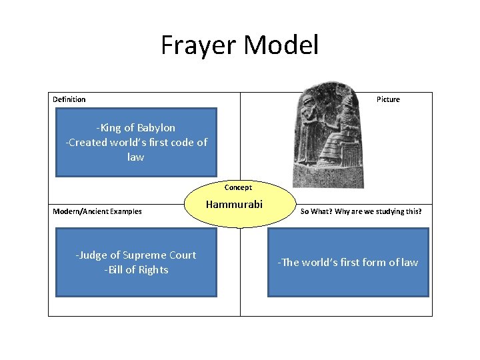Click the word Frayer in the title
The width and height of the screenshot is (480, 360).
point(199,46)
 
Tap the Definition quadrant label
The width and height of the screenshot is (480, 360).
point(69,99)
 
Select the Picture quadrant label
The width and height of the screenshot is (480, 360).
point(388,99)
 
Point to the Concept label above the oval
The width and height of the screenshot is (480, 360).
point(238,187)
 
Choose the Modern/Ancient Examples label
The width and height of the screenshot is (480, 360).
point(97,211)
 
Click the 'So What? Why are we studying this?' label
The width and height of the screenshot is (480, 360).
point(361,211)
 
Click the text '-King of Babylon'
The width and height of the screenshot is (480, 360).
point(135,127)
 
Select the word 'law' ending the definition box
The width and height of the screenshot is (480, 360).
point(135,157)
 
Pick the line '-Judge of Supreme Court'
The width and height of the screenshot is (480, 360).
point(136,255)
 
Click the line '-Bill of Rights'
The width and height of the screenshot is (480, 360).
point(136,270)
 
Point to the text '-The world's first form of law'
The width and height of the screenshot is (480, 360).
point(348,262)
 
